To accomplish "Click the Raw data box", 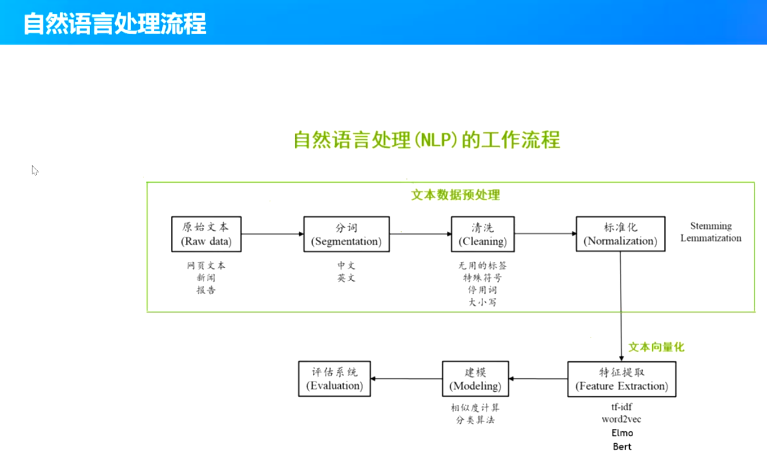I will coord(206,234).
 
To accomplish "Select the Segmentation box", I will coord(346,234).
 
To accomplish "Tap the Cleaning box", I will coord(482,234).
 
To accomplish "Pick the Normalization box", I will coord(620,234).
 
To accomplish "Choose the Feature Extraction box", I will coord(621,379).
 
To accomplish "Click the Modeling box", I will coord(475,379).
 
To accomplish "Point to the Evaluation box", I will coord(334,379).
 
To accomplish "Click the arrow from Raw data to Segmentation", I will coord(272,234).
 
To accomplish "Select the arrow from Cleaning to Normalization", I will coord(545,234).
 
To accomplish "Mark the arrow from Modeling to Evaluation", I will coord(406,379).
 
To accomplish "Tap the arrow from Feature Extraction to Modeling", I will coord(538,379).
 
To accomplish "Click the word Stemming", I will coord(711,226).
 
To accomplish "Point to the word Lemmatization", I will coord(711,238).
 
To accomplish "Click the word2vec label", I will coord(622,420).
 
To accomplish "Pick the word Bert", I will coord(622,447).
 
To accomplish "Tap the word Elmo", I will coord(622,433).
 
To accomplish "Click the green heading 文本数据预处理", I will coord(455,195).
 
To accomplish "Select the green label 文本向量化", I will coord(656,346).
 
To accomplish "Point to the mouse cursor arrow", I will coord(34,170).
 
